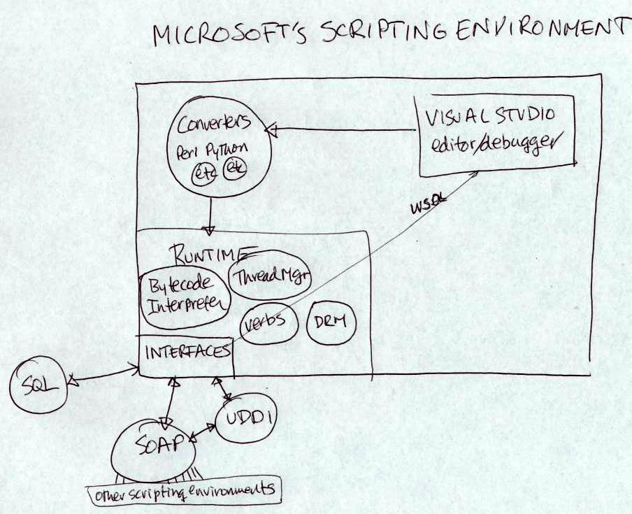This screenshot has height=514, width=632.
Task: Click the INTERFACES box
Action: click(x=186, y=350)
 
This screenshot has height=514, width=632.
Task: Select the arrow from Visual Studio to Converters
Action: click(x=343, y=129)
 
